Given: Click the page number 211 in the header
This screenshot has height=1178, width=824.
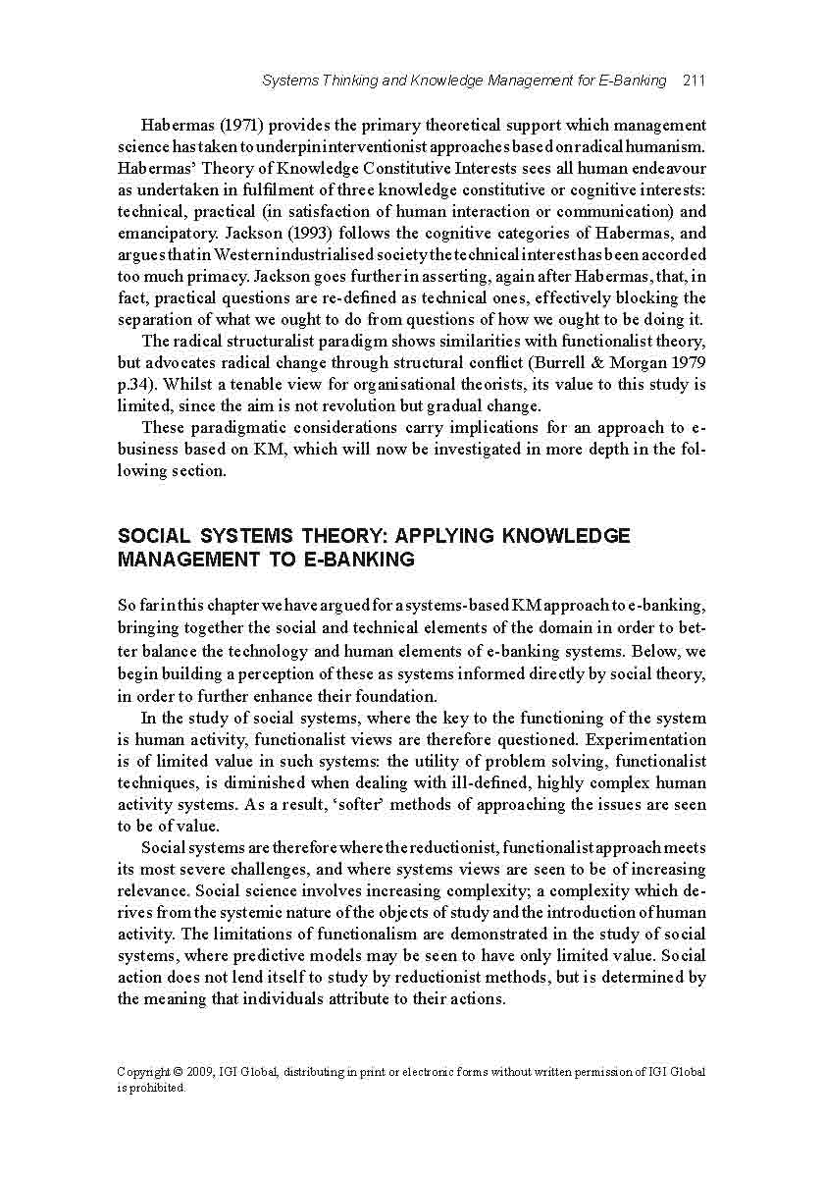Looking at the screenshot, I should tap(693, 80).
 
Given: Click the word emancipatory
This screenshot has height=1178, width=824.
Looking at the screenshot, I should tap(164, 234).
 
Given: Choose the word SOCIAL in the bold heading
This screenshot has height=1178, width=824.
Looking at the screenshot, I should tap(154, 537).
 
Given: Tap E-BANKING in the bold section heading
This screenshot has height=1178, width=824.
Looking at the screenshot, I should tap(363, 561).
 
